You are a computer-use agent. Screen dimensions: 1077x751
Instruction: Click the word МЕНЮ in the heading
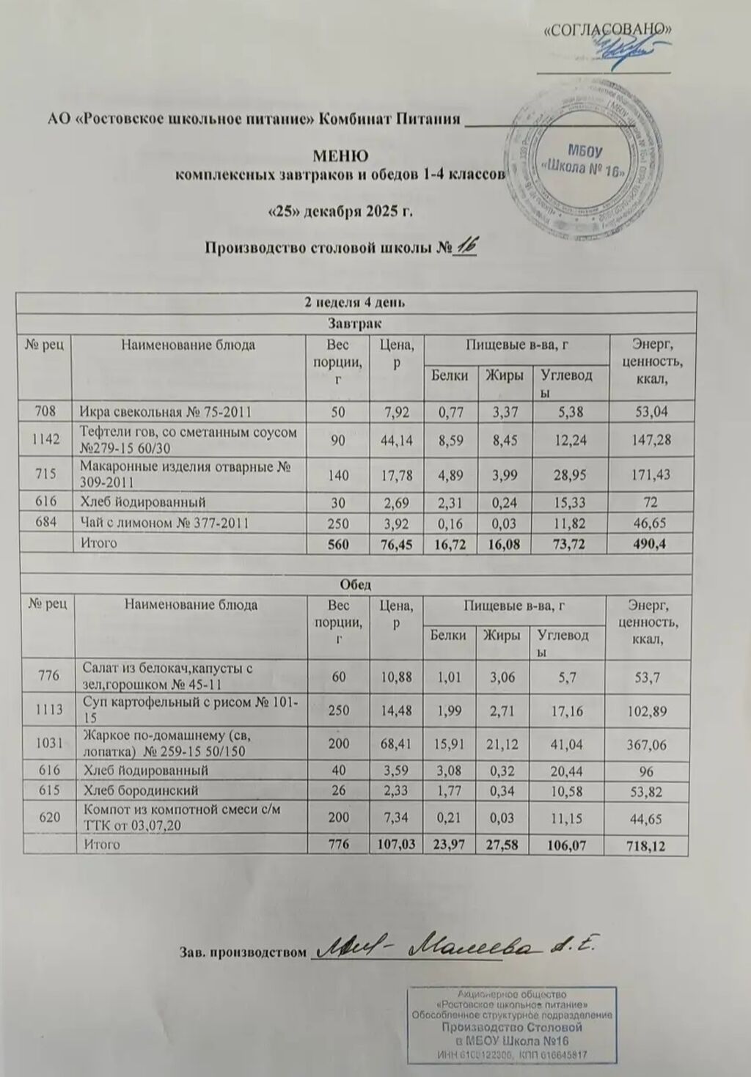(340, 156)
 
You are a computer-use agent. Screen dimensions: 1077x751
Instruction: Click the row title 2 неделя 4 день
(356, 302)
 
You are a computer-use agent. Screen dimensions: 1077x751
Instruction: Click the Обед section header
(356, 584)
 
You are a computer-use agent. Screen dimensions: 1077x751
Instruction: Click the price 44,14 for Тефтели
(397, 440)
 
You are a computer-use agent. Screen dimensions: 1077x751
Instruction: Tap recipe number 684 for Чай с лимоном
(44, 523)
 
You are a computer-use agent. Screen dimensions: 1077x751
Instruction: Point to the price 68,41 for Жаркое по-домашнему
(396, 744)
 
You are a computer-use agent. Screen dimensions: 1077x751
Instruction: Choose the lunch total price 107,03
(396, 844)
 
